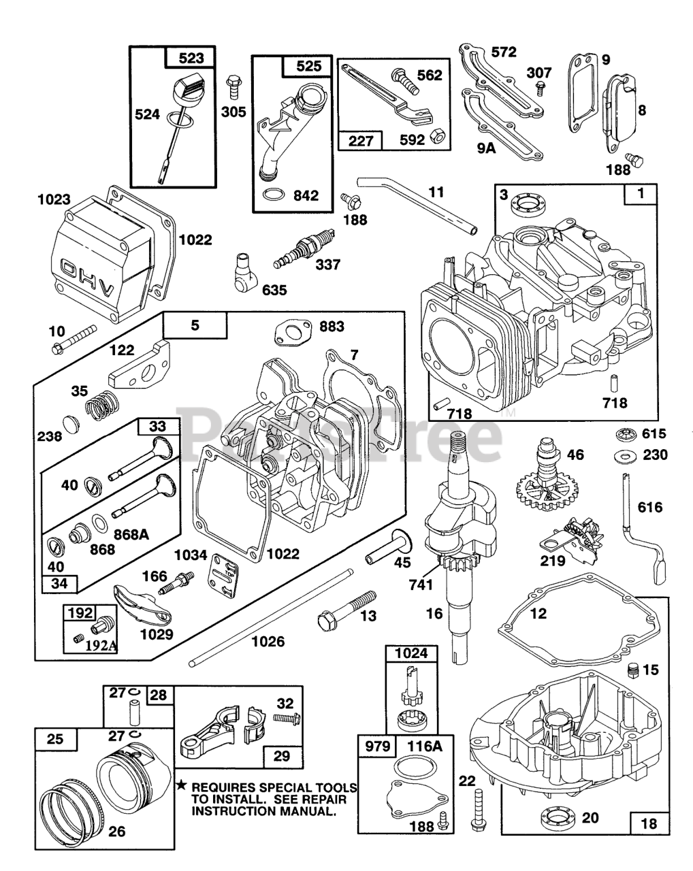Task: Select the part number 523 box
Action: pos(191,57)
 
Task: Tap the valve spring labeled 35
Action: pos(102,406)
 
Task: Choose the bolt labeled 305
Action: pos(233,86)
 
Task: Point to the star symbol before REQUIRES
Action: pos(182,786)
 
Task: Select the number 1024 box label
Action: pos(411,653)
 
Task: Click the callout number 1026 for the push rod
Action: pos(268,641)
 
